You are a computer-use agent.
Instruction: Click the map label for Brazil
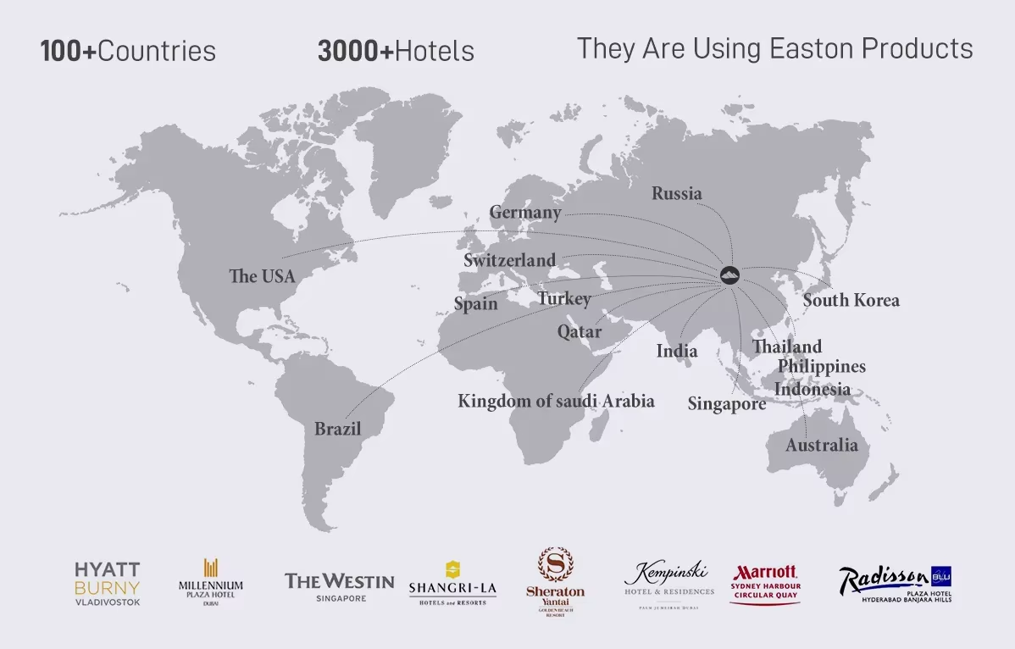point(337,429)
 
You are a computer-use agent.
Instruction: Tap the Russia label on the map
point(676,193)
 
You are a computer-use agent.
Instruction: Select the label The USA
point(262,276)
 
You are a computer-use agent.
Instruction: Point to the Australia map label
point(821,445)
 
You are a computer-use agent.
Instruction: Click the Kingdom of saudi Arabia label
point(556,401)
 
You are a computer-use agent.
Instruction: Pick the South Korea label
point(851,300)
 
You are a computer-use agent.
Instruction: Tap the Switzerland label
point(509,260)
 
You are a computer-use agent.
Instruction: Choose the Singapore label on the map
point(726,404)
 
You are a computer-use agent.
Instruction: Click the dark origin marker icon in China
point(729,274)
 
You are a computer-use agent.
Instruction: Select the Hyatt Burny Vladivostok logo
point(108,583)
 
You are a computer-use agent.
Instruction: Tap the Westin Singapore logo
point(339,585)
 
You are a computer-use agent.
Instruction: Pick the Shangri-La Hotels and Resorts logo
point(452,582)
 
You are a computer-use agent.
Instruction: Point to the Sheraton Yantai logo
point(555,581)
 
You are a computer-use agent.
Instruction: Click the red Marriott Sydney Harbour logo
point(765,583)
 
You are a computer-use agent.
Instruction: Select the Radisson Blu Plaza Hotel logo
point(895,583)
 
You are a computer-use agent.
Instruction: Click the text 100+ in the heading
point(69,51)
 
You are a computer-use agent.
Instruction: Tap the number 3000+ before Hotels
point(356,51)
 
